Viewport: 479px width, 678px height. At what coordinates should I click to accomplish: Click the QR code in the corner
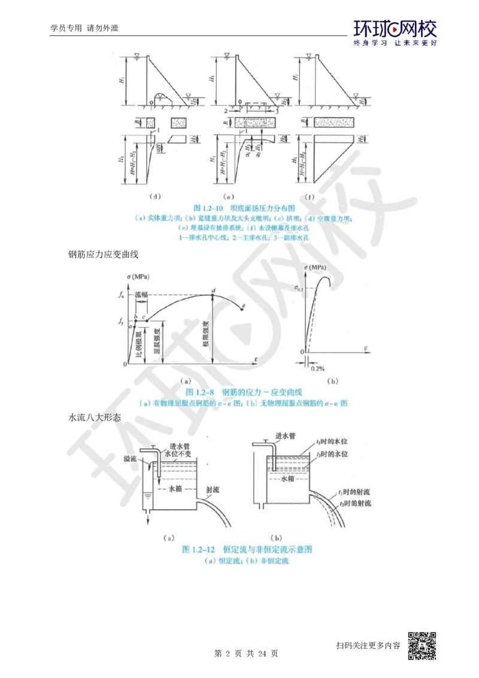point(425,644)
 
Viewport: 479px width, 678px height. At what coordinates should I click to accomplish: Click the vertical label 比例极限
point(138,340)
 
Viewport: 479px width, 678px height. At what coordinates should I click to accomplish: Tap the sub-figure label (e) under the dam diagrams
point(228,196)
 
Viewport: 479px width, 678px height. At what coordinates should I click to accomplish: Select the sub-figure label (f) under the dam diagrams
point(309,196)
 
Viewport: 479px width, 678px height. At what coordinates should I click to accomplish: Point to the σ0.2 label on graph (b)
point(301,287)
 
